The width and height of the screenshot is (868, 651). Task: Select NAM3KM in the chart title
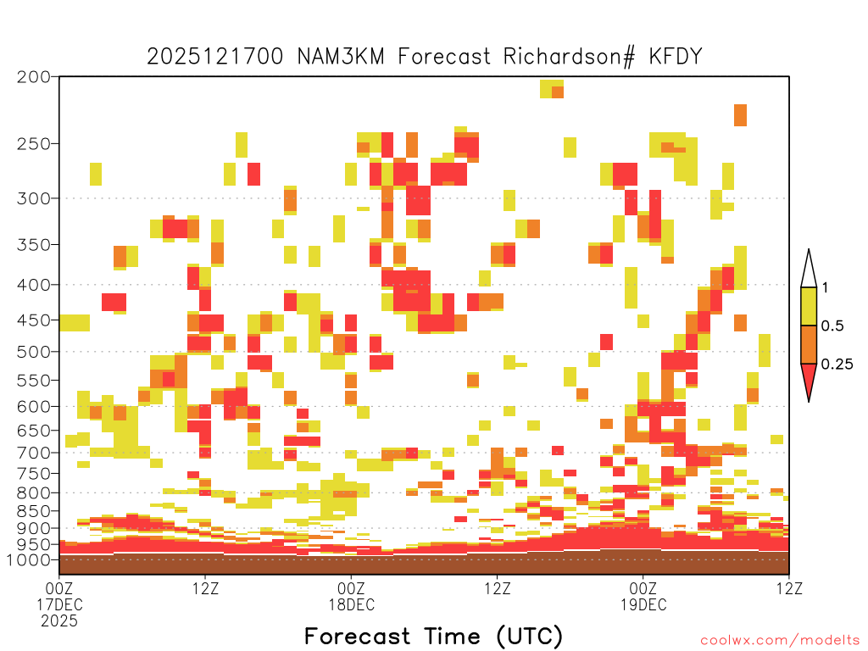(x=341, y=57)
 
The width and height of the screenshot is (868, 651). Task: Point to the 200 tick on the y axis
(x=34, y=77)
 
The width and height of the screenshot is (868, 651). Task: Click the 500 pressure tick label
(x=34, y=352)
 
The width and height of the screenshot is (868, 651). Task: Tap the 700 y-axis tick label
(x=34, y=453)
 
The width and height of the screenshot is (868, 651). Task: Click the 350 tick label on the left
(x=34, y=245)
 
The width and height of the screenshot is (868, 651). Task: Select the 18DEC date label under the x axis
(x=352, y=604)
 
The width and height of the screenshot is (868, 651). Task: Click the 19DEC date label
(x=643, y=604)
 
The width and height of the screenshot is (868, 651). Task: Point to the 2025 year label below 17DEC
(x=59, y=621)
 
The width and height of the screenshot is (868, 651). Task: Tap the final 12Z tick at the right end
(x=789, y=588)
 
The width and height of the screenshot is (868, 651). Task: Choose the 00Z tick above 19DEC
(x=643, y=588)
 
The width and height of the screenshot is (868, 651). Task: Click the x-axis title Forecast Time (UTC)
(x=433, y=636)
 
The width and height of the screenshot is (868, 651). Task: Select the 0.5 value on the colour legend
(x=832, y=326)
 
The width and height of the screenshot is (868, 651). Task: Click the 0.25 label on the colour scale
(x=837, y=364)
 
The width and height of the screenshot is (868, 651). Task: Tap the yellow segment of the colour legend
(x=809, y=306)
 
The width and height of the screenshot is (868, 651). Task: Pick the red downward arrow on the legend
(x=809, y=380)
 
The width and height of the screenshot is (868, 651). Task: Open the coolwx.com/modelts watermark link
(x=780, y=641)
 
